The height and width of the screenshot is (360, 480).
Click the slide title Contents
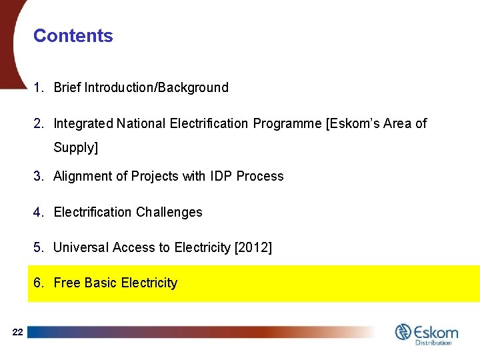(x=73, y=36)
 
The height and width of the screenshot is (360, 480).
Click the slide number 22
(x=18, y=332)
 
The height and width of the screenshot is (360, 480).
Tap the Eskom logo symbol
(x=403, y=331)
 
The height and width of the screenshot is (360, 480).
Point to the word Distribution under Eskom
(x=433, y=343)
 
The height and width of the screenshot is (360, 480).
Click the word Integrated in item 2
(x=83, y=123)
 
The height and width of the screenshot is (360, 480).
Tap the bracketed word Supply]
(x=75, y=147)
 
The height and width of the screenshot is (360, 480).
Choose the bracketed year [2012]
(x=253, y=248)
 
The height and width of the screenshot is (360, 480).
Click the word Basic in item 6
(x=100, y=283)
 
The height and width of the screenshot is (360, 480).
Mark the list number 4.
(x=38, y=213)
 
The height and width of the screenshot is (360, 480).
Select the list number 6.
(x=38, y=283)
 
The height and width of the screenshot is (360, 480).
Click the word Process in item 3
(x=261, y=177)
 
